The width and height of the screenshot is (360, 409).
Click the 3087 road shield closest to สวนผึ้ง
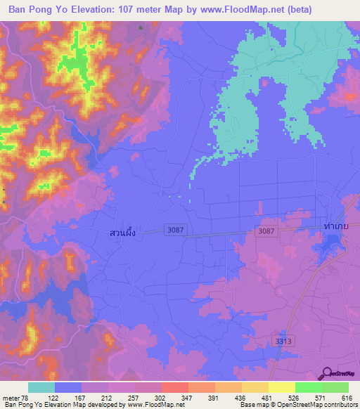(176, 230)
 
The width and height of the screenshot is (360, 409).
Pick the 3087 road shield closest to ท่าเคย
(266, 231)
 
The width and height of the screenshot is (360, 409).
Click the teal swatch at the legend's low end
(41, 387)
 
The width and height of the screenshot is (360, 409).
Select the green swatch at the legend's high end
(335, 387)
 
